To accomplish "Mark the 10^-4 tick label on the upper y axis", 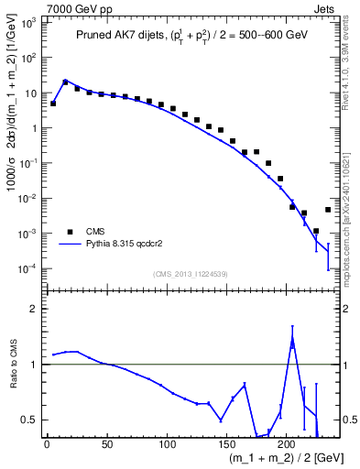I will [x=27, y=268].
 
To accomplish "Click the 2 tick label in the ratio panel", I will [x=33, y=309].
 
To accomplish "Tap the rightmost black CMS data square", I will [x=328, y=210].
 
